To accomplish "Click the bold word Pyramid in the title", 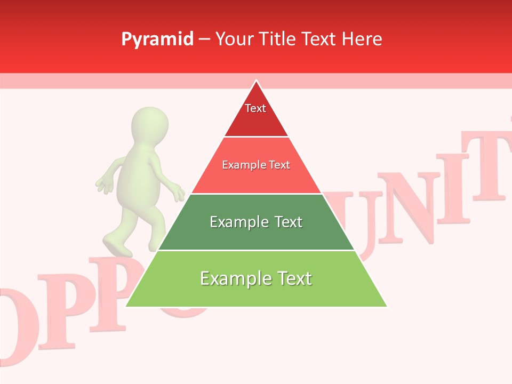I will (x=157, y=39).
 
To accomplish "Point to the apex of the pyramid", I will (x=256, y=81).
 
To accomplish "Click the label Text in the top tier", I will (x=255, y=108).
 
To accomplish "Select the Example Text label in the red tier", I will (x=256, y=165).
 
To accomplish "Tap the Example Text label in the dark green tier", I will (x=256, y=222).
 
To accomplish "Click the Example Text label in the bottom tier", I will (x=256, y=278).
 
